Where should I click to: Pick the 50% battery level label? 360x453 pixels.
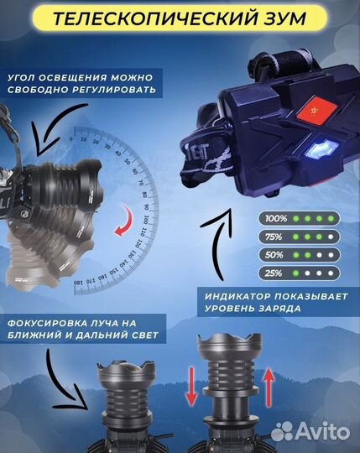click(275, 255)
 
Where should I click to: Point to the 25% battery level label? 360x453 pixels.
click(275, 274)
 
